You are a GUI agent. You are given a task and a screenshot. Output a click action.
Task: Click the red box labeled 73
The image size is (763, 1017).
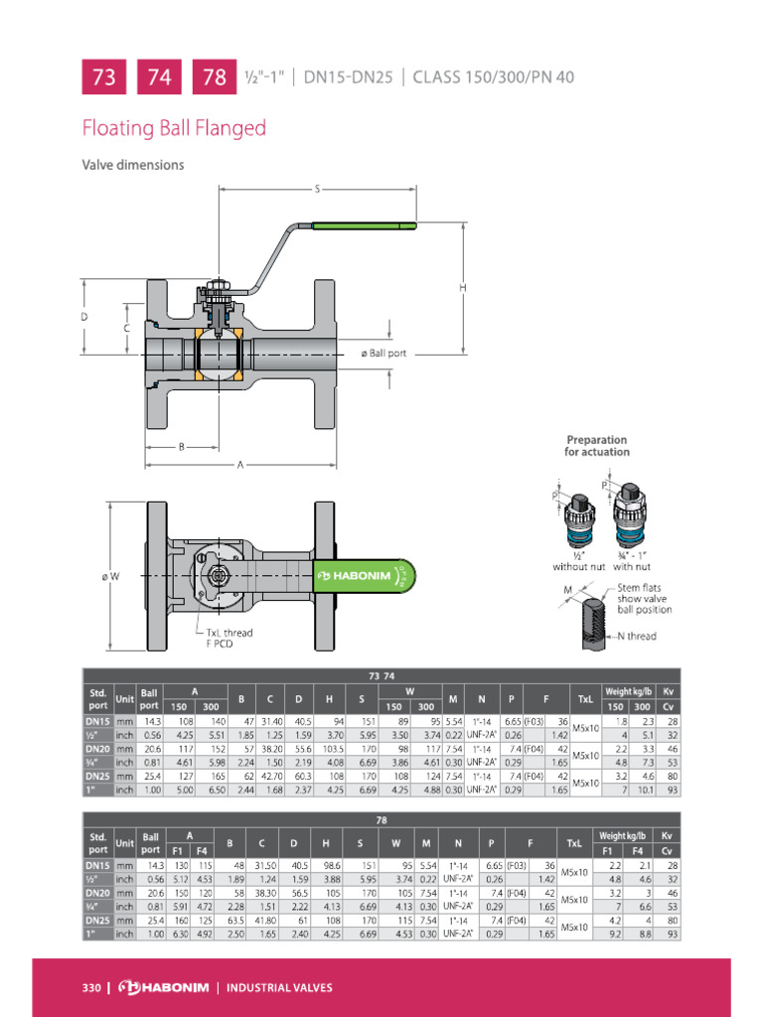click(103, 76)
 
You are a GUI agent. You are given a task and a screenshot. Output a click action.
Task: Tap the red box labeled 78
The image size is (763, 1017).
click(215, 76)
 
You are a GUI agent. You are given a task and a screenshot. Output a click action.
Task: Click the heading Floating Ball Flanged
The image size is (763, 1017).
click(174, 128)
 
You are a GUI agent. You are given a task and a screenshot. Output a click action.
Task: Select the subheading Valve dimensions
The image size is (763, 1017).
click(132, 165)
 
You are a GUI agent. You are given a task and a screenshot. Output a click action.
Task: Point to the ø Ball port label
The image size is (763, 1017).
click(382, 354)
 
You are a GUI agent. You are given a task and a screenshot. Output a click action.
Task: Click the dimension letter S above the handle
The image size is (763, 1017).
click(317, 188)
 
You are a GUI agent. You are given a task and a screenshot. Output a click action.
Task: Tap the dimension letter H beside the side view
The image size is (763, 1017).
click(463, 288)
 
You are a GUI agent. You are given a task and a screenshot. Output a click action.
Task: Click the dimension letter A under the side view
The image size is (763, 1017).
click(239, 465)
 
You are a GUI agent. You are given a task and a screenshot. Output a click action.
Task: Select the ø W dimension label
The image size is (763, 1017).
click(110, 576)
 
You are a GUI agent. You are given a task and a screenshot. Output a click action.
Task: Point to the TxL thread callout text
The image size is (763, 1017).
click(229, 633)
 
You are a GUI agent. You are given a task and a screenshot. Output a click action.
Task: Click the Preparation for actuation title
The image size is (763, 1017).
click(597, 446)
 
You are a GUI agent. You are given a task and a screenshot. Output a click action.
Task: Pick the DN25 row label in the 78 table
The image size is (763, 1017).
click(96, 920)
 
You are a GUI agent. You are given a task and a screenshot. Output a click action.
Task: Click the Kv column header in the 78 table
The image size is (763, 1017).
click(668, 837)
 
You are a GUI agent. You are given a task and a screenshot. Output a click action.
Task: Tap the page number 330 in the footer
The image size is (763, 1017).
click(91, 987)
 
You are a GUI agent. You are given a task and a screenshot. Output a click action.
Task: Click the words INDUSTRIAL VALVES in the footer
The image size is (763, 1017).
click(279, 987)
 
